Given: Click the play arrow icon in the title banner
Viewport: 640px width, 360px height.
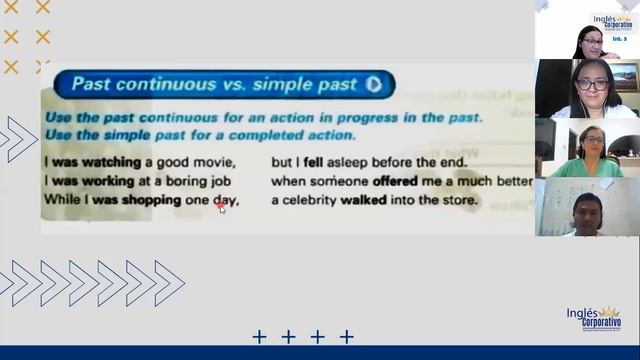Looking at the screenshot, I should [373, 85].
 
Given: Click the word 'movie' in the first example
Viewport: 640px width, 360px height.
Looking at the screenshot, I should [213, 162].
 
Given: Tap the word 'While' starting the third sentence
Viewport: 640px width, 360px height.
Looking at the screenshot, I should [60, 201].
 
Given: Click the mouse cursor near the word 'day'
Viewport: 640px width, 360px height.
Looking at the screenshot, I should [222, 208].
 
